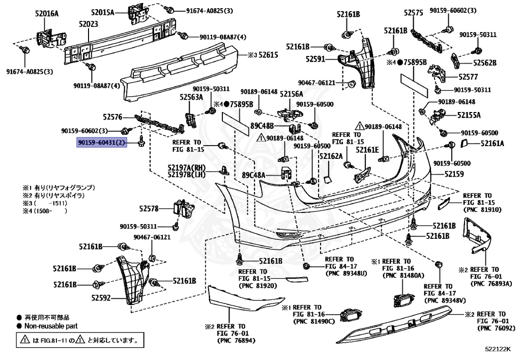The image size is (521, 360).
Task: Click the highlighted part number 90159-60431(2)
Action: pos(102,143)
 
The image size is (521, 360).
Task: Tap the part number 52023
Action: pos(89,23)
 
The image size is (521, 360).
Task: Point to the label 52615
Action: pos(267,54)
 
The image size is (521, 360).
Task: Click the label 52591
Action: pos(315,59)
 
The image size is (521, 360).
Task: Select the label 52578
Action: pos(150,208)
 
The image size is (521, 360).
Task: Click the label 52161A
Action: pos(492,144)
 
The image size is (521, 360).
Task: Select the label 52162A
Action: pos(331,156)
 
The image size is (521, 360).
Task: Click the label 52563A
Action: pos(191,96)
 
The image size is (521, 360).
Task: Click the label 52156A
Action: pos(292,94)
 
